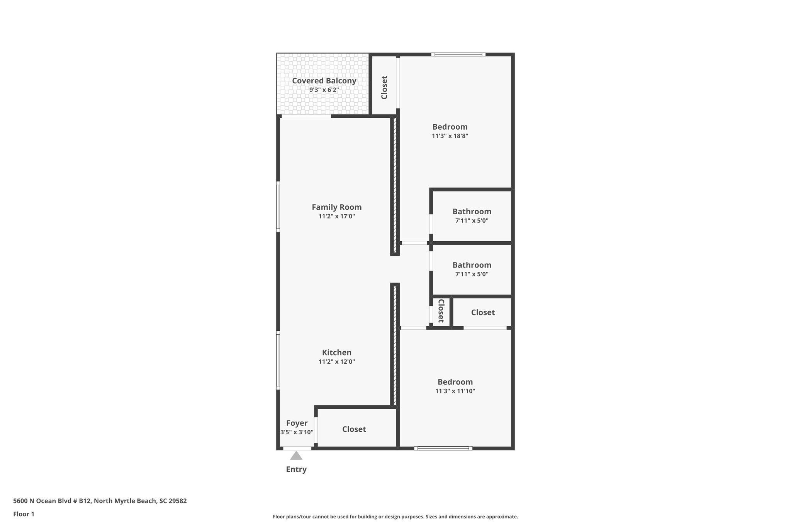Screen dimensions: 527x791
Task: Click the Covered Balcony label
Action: (324, 81)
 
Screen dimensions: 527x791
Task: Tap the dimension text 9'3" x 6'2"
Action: (324, 90)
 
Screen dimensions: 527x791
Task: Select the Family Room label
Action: (336, 207)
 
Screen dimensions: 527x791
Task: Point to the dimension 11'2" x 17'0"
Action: (336, 217)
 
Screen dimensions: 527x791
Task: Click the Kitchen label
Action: (336, 352)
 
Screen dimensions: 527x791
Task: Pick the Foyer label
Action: (297, 423)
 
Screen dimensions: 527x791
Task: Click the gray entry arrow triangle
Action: (296, 456)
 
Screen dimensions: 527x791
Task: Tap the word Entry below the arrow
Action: (296, 469)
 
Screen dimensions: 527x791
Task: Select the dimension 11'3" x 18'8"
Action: (450, 136)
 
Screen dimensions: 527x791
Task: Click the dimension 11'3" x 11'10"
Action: (455, 391)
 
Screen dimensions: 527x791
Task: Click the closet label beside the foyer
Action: (354, 429)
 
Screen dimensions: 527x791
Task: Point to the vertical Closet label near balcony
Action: (384, 87)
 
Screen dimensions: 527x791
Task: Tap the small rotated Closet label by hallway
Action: (441, 311)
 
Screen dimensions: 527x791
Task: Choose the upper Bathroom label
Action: (472, 212)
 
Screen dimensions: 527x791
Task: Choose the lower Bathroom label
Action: (472, 265)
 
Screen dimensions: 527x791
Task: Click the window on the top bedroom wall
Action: (458, 54)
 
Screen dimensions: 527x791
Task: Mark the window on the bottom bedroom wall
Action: (443, 448)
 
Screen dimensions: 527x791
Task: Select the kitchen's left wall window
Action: (278, 360)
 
